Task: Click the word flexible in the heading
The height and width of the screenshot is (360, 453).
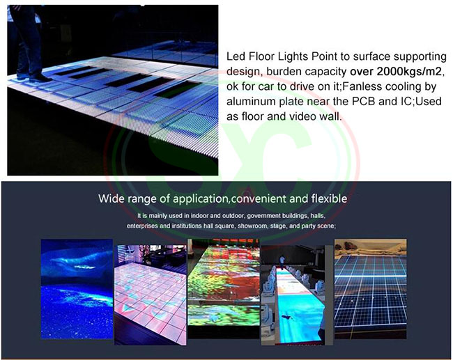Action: tap(329, 198)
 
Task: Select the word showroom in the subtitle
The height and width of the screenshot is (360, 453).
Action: tap(252, 226)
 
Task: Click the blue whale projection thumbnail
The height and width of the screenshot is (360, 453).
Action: tap(77, 289)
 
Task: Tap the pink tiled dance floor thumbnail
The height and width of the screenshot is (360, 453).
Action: tap(151, 295)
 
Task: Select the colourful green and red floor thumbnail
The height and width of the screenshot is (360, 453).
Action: tap(224, 288)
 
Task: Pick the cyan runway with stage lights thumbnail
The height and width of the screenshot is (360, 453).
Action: tap(297, 295)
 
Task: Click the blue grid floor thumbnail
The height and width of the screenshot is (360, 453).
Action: tap(370, 289)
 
